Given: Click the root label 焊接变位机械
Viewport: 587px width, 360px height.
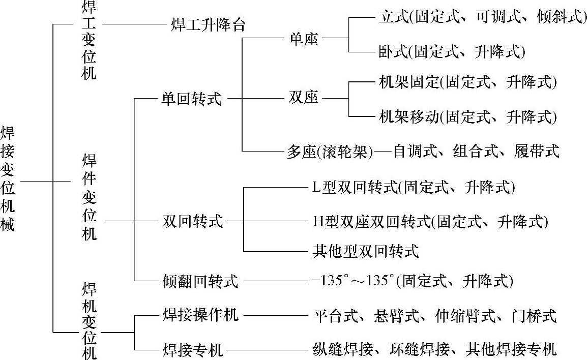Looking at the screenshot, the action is click(8, 180).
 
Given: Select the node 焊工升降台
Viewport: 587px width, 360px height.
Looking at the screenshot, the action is click(208, 25).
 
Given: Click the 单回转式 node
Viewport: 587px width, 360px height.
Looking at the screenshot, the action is click(191, 98).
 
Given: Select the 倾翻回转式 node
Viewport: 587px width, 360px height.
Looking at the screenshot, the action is click(200, 281).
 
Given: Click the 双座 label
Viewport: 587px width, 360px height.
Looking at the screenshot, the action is click(303, 97).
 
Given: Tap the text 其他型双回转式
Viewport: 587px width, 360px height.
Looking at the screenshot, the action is click(366, 251).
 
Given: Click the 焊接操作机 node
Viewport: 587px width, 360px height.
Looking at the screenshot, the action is click(200, 315).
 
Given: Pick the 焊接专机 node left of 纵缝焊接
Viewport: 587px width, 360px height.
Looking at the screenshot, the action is click(193, 349).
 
